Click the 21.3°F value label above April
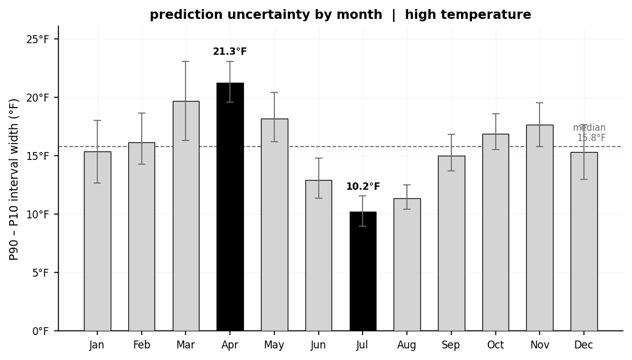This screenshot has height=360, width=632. click(230, 52)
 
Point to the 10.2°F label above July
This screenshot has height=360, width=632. click(363, 187)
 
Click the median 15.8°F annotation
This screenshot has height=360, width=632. click(590, 133)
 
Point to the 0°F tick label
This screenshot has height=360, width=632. click(40, 331)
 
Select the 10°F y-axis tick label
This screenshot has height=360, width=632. click(38, 215)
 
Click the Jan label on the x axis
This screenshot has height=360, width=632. click(97, 345)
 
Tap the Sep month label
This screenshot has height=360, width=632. click(451, 345)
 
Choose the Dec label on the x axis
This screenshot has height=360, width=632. click(584, 345)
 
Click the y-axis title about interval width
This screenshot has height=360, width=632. click(15, 179)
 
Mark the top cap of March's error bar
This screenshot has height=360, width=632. click(186, 61)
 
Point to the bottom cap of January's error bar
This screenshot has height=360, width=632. click(97, 183)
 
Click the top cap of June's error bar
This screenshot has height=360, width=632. click(318, 158)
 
